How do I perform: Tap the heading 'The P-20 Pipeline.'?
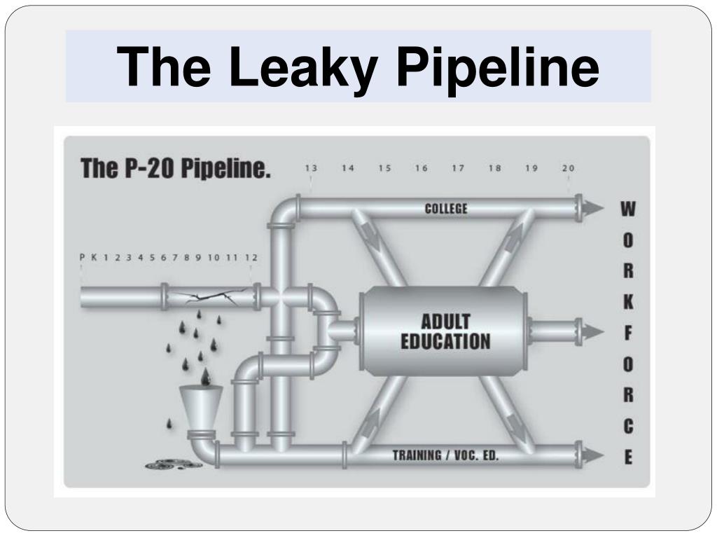(x=175, y=169)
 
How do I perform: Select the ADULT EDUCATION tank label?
(x=445, y=331)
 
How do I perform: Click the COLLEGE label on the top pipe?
(x=446, y=208)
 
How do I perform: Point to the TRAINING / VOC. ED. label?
(x=446, y=455)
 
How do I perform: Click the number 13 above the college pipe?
(x=311, y=168)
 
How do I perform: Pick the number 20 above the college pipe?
(x=568, y=168)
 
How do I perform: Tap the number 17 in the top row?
(x=458, y=168)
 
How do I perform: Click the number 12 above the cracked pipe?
(x=251, y=257)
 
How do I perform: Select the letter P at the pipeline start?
(x=82, y=257)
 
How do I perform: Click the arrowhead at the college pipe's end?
(x=594, y=208)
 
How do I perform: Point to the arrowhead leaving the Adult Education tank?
(x=594, y=331)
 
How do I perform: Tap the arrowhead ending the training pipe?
(x=594, y=455)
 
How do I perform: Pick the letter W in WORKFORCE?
(x=628, y=209)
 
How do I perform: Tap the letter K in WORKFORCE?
(x=628, y=302)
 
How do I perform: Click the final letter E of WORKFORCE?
(x=628, y=457)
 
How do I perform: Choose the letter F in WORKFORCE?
(x=628, y=333)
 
